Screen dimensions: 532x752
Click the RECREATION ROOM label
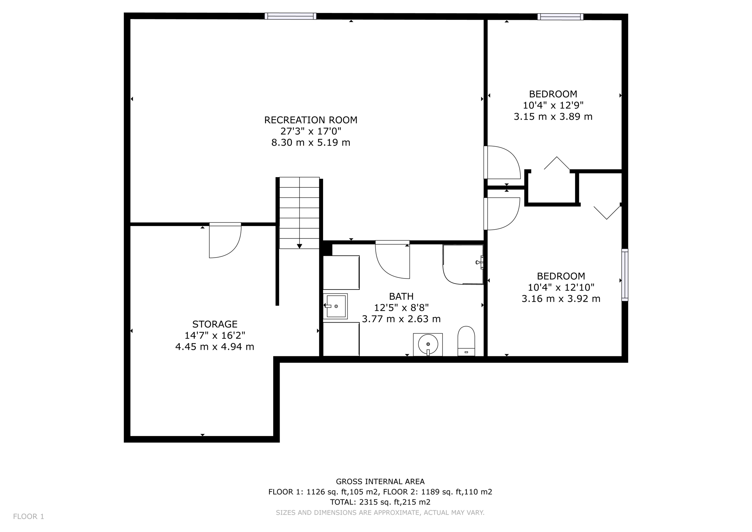pos(311,120)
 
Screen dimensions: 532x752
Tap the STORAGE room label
pos(215,324)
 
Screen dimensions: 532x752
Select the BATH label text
pos(401,296)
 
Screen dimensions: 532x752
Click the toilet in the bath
pos(466,341)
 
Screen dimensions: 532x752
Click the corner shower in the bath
pos(463,265)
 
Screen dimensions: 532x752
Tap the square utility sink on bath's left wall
pos(336,306)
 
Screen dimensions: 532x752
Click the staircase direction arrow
pos(300,245)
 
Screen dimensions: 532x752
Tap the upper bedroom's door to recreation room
pos(502,162)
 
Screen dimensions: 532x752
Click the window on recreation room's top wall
pos(290,16)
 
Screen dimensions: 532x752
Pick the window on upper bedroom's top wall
pos(560,17)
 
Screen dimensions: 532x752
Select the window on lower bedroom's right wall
pos(625,275)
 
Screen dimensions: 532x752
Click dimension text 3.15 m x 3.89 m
pos(553,117)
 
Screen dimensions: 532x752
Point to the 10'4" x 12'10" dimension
pos(561,287)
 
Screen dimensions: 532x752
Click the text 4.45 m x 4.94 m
pos(215,346)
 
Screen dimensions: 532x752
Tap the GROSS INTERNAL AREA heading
pos(380,481)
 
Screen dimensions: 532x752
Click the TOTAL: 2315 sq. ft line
pos(380,502)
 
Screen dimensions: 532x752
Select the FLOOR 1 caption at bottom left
pos(29,517)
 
